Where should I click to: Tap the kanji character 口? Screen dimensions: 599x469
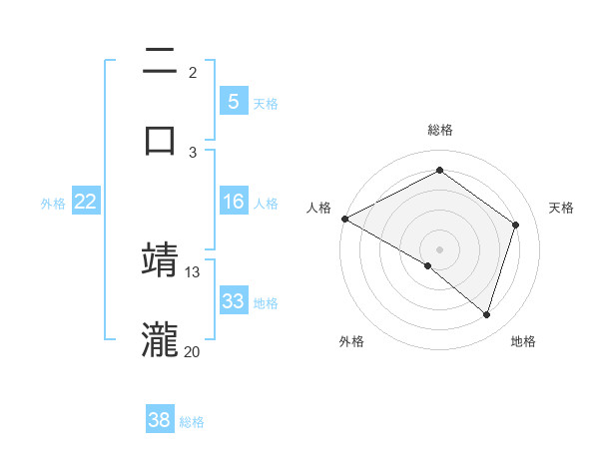point(161,139)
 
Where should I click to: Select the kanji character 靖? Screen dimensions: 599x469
point(161,258)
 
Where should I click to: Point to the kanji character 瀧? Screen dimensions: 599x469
point(161,338)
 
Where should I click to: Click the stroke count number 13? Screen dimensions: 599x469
point(193,271)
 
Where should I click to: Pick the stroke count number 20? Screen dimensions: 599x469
point(193,351)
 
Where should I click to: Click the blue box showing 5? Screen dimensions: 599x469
point(233,102)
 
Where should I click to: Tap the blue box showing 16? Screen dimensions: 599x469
point(233,203)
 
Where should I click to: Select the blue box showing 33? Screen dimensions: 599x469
point(233,302)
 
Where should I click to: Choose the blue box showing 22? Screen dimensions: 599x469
point(86,203)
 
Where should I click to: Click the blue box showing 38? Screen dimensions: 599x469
point(160,421)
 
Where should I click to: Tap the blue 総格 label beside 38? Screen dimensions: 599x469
point(192,422)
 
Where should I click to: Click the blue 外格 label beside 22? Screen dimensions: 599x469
point(53,204)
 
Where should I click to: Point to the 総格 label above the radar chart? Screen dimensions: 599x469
point(439,130)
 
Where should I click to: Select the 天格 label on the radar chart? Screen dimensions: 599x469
point(561,208)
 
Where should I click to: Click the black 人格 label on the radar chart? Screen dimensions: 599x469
point(318,208)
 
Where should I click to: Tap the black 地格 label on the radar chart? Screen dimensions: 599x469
point(523,342)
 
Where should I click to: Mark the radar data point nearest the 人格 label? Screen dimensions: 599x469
point(344,219)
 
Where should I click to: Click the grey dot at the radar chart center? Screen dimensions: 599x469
point(439,248)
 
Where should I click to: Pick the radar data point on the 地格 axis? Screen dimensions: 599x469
point(486,314)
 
